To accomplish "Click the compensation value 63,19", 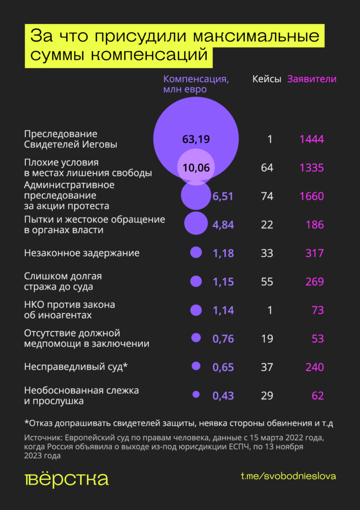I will point(196,139).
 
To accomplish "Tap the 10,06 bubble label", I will point(196,168).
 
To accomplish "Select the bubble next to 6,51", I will point(196,196).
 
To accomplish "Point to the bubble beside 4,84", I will point(196,224).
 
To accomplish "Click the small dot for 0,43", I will point(196,394).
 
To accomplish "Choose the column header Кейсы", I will point(267,79).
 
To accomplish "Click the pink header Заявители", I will point(312,79).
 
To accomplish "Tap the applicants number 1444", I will point(312,139).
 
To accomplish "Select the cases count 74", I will point(267,196).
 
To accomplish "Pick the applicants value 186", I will point(315,225).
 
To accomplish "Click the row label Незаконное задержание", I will point(82,253).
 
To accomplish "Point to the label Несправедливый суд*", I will point(76,367).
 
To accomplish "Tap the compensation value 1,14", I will point(223,310).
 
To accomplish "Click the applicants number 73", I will point(317,310).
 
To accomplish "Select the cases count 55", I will point(267,282).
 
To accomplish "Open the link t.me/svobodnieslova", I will point(288,476).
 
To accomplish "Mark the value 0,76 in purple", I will point(223,339).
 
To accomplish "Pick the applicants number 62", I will point(317,396).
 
